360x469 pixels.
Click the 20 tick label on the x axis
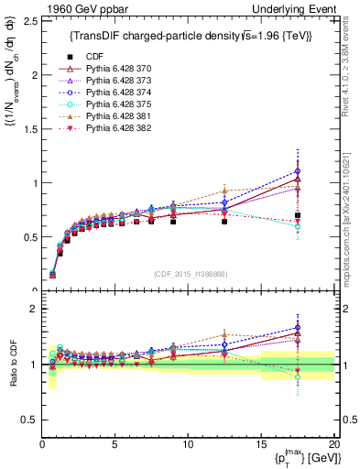coord(333,444)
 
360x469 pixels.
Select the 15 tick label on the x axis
coord(260,444)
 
